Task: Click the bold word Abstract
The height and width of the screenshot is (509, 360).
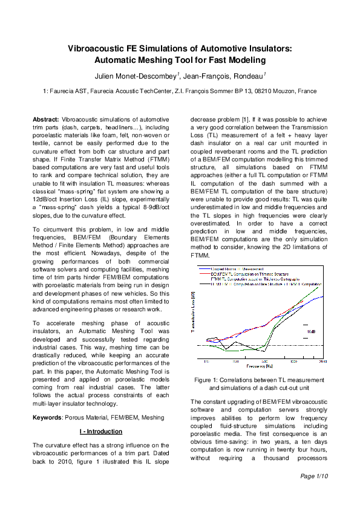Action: coord(46,120)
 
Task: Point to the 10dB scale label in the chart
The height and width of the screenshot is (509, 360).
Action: coord(311,332)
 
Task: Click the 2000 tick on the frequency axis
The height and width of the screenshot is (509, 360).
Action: coord(322,361)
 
